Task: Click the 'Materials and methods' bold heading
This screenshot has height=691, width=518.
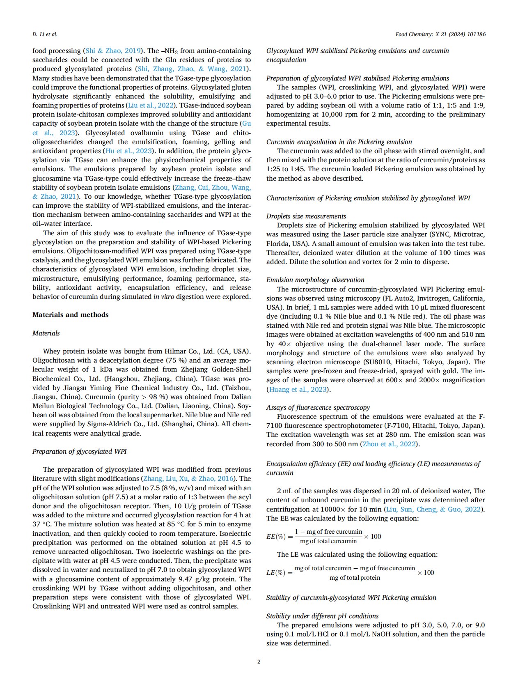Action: point(71,315)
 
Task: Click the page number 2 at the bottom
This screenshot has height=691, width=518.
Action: point(259,661)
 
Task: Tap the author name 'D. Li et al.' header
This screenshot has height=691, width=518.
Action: point(45,34)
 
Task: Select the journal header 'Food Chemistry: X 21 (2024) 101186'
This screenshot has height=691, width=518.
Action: point(440,34)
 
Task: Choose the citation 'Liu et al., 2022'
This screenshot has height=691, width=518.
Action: point(151,106)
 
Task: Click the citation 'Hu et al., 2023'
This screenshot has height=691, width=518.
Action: point(128,151)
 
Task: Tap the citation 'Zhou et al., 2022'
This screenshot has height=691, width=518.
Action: point(388,444)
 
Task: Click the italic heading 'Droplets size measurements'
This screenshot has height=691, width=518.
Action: point(306,216)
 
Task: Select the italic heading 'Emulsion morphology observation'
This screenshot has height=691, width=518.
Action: point(315,280)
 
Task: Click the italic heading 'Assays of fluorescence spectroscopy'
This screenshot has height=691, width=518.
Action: point(318,408)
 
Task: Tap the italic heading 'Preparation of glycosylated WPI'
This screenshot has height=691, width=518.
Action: point(80,452)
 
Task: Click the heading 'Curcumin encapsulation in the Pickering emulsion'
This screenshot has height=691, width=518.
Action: point(339,142)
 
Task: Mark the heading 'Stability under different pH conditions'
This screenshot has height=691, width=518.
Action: point(322,616)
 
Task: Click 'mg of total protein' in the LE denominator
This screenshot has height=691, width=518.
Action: point(355,578)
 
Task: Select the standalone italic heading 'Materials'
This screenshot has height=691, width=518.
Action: point(46,333)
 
